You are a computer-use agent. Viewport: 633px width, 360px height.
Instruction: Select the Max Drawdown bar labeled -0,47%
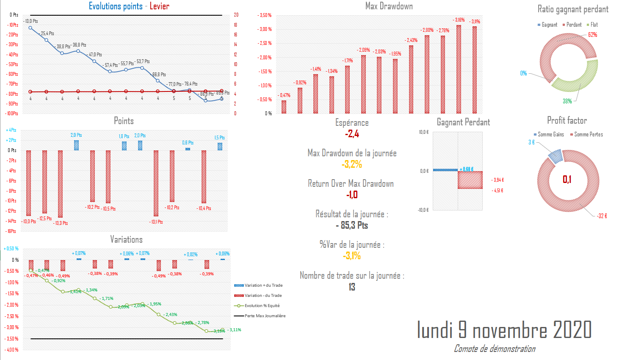(x=284, y=107)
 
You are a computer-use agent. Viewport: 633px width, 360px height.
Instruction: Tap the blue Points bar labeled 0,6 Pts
(x=188, y=149)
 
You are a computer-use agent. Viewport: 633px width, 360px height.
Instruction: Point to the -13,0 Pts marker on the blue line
(x=30, y=28)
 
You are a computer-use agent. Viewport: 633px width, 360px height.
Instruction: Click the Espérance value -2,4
(x=352, y=134)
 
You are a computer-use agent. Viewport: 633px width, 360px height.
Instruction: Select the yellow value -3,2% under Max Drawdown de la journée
(x=352, y=164)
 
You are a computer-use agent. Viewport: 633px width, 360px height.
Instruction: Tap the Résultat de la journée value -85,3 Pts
(x=352, y=225)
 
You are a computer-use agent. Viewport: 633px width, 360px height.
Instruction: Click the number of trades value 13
(x=352, y=287)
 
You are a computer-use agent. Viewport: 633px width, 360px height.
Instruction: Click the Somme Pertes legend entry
(x=588, y=135)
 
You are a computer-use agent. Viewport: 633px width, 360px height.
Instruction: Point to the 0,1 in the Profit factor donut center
(x=567, y=180)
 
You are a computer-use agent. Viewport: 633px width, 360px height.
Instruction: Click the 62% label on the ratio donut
(x=592, y=35)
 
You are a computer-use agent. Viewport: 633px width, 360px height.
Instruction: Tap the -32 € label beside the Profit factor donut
(x=602, y=216)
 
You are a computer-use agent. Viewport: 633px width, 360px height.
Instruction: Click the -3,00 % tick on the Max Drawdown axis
(x=265, y=29)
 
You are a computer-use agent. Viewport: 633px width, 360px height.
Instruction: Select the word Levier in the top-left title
(x=160, y=6)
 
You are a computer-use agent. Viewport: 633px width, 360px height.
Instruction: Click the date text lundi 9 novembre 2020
(x=504, y=330)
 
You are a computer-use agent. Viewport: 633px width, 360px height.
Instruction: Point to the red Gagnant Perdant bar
(x=470, y=180)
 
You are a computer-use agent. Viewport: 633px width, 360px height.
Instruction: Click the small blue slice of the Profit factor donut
(x=555, y=156)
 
